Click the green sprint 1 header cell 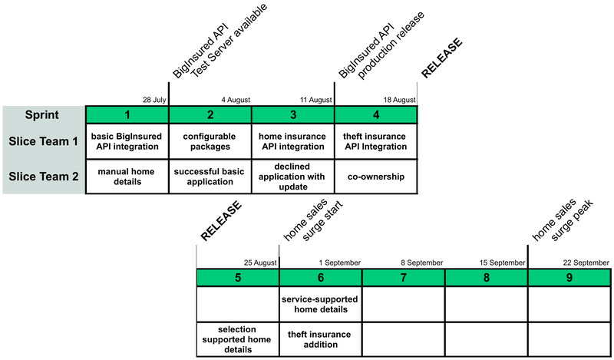127,114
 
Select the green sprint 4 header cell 375,114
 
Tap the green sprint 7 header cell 404,277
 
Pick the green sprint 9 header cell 569,277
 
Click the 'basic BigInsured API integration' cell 127,141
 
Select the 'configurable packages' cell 210,141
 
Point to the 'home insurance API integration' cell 293,141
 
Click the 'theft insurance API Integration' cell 375,141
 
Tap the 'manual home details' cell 127,177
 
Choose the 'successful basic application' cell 210,177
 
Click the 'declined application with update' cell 293,177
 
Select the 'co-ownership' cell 375,177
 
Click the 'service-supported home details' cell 321,304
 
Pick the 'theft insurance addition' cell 321,339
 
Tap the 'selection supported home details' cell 238,339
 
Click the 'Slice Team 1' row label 43,141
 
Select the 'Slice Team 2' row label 43,177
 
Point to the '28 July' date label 153,100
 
